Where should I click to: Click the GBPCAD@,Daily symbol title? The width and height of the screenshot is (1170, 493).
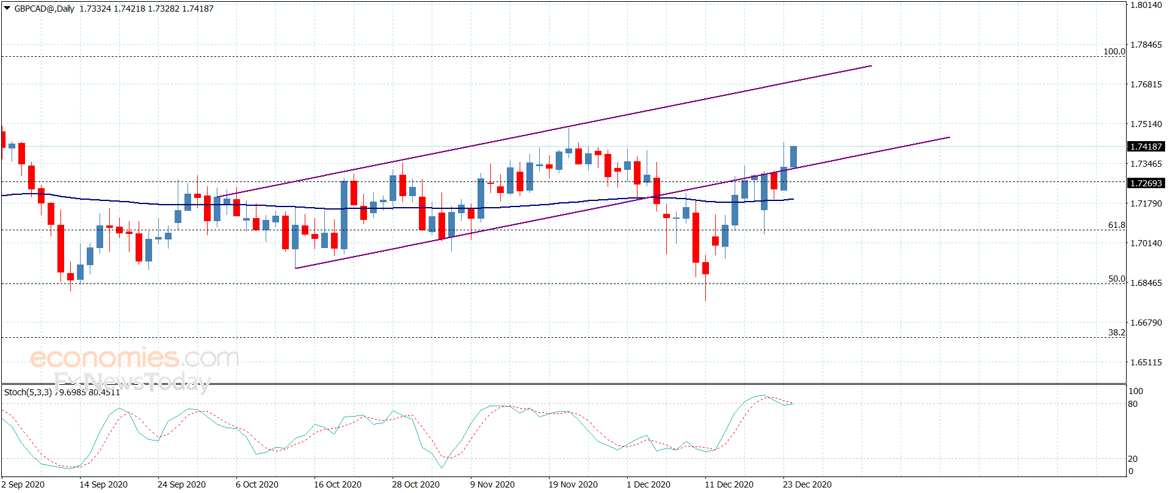[x=44, y=9]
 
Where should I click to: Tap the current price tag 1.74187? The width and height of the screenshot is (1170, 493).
[x=1146, y=147]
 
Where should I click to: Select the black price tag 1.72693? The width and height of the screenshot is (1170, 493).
[x=1146, y=183]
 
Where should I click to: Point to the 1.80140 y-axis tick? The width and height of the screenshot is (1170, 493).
[x=1146, y=5]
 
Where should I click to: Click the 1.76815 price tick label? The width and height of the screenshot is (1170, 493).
[x=1146, y=84]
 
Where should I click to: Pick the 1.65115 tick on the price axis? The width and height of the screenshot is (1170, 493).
[x=1146, y=362]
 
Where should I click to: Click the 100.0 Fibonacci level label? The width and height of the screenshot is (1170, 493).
[x=1114, y=51]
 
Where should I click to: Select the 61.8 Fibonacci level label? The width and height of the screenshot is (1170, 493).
[x=1117, y=225]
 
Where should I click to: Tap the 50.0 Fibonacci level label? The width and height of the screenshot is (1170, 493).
[x=1117, y=279]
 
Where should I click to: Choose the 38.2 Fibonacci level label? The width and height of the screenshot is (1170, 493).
[x=1117, y=332]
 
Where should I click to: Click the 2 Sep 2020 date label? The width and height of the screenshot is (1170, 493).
[x=23, y=484]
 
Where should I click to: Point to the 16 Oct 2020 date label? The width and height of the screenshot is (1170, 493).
[x=338, y=484]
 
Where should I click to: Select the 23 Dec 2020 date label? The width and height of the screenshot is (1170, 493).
[x=807, y=484]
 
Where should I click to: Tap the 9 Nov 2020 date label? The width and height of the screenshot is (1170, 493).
[x=492, y=484]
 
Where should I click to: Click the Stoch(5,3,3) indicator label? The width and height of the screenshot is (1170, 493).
[x=28, y=392]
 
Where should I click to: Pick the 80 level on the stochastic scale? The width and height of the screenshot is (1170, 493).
[x=1133, y=404]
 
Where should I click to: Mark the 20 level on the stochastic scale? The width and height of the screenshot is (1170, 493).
[x=1133, y=459]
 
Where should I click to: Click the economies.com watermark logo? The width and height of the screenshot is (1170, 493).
[x=134, y=358]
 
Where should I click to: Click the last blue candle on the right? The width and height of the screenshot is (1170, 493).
[x=793, y=156]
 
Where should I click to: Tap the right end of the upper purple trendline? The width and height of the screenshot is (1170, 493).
[x=871, y=66]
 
